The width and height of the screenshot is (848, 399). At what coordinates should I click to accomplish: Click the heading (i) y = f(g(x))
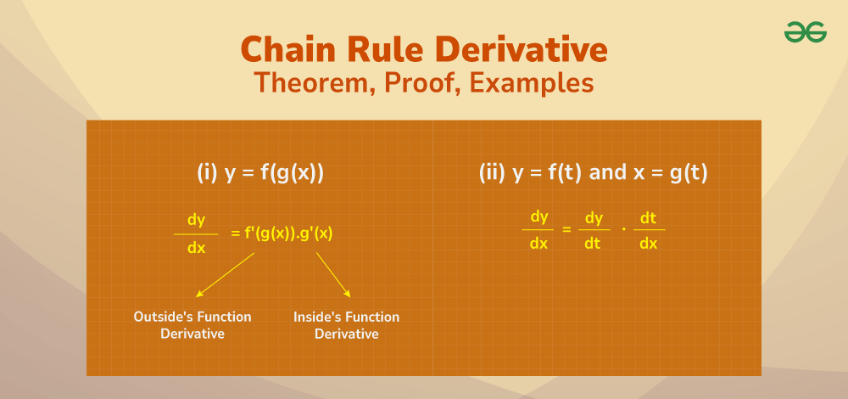(x=260, y=173)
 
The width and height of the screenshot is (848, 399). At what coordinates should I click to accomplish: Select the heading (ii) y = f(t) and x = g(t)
(x=593, y=173)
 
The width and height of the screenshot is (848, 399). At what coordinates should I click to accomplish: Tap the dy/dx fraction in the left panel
(x=196, y=233)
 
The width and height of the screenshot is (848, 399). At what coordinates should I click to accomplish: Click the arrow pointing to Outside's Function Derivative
(x=225, y=274)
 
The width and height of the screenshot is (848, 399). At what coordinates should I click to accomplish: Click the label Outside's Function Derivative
(x=192, y=325)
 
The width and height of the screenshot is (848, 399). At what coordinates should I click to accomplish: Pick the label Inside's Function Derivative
(x=346, y=325)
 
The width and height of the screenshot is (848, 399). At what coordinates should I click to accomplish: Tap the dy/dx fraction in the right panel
(x=538, y=230)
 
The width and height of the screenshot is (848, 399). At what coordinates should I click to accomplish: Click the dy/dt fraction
(x=594, y=230)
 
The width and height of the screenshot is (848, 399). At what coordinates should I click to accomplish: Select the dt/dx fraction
(x=648, y=230)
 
